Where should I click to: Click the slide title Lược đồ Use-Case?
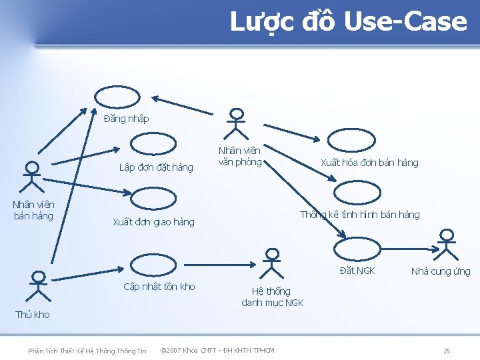tap(348, 21)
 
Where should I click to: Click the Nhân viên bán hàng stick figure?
tap(32, 177)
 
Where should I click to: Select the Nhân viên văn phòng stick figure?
tap(235, 124)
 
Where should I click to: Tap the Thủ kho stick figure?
tap(39, 287)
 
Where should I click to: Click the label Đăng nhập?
tap(127, 119)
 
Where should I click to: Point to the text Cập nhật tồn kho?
tap(159, 287)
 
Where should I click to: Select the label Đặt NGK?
tap(357, 270)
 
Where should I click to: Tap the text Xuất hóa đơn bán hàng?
tap(369, 163)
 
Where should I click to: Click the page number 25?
tap(447, 351)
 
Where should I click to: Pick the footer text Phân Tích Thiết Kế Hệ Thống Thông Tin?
tap(87, 351)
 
